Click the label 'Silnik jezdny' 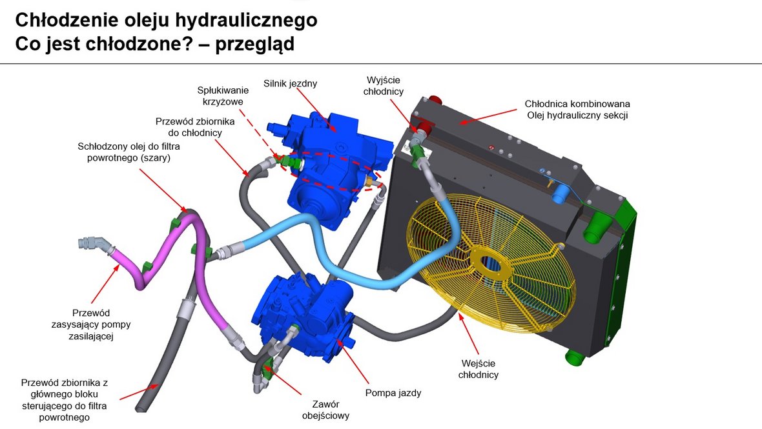tap(290, 83)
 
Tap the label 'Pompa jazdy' tap(393, 393)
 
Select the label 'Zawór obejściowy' tap(325, 410)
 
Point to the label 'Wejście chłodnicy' tap(479, 369)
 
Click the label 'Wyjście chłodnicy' tap(384, 85)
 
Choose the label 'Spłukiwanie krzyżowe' tap(223, 95)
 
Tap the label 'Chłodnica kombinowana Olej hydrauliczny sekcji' tap(577, 109)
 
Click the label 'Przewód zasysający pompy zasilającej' tap(91, 324)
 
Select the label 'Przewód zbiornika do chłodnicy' tap(195, 126)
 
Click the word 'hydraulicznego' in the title tap(246, 21)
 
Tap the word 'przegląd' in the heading tap(254, 44)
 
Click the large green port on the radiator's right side tap(597, 226)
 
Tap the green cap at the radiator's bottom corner tap(575, 358)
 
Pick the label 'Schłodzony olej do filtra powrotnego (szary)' tap(129, 152)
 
